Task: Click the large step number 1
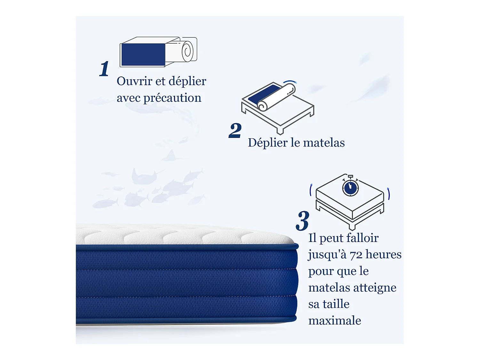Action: [104, 69]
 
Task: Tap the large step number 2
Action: [235, 131]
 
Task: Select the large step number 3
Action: [302, 221]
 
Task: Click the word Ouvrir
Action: [134, 81]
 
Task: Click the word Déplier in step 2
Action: [268, 143]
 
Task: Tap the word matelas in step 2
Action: [324, 143]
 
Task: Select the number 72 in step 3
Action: [356, 255]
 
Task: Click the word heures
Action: [383, 254]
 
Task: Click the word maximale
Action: [335, 321]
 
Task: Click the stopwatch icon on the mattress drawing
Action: [350, 188]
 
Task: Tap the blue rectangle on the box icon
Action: [143, 54]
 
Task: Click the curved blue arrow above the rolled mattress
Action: [291, 82]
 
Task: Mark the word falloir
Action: [362, 238]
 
